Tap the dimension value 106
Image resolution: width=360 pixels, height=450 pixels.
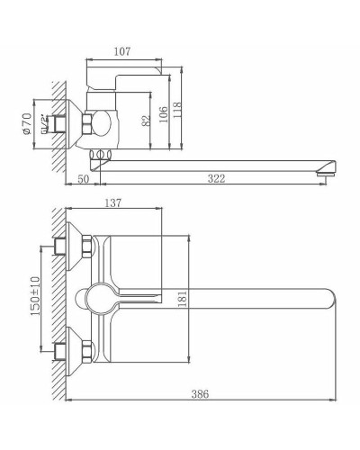[x=165, y=113]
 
